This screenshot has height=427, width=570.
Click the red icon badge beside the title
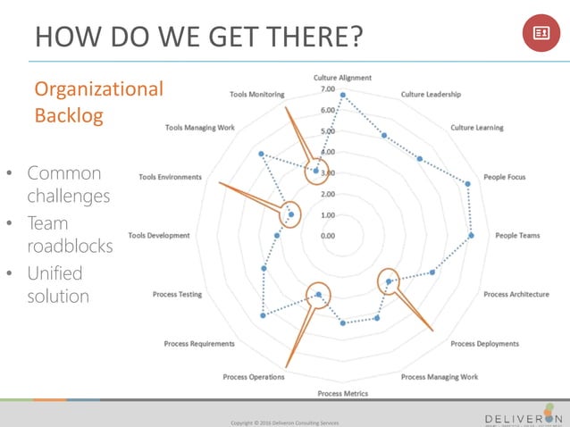[541, 33]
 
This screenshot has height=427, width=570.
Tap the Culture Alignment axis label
[342, 78]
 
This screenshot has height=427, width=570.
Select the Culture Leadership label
[431, 94]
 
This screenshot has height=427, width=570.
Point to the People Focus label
[505, 177]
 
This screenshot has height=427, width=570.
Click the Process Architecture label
[516, 295]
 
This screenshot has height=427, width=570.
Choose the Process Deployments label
[484, 344]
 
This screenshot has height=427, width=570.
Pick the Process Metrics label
[342, 394]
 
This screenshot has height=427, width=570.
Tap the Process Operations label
[254, 377]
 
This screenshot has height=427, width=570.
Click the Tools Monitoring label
[257, 94]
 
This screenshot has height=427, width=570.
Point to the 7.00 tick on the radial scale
[324, 89]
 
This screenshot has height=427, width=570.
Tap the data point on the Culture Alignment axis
[343, 95]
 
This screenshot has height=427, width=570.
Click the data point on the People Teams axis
[472, 236]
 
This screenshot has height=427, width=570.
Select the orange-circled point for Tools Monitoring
[316, 171]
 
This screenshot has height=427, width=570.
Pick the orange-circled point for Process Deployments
[389, 282]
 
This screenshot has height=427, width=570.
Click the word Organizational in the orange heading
[98, 88]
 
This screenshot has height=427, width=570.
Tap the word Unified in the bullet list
[54, 272]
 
